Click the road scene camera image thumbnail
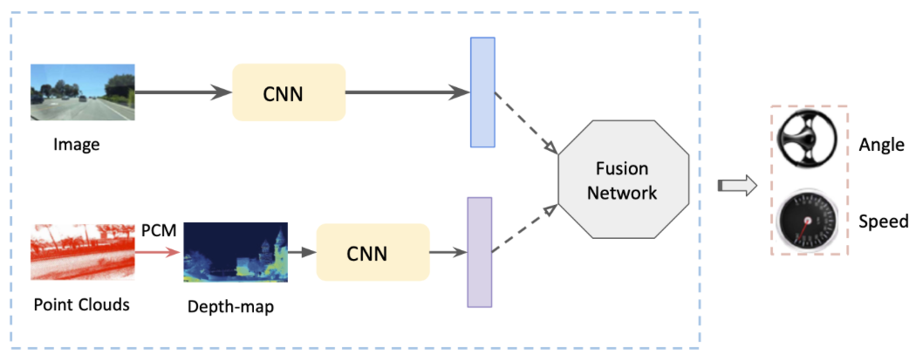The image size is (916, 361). (x=82, y=92)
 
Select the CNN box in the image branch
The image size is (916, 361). (x=289, y=92)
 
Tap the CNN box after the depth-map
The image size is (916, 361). (x=373, y=253)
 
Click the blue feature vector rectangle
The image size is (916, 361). (x=482, y=92)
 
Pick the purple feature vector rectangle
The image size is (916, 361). (x=480, y=252)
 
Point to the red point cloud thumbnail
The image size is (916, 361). (x=82, y=252)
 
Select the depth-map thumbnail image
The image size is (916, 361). (x=236, y=253)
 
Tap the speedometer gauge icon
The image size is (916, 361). (x=806, y=218)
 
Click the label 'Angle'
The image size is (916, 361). (x=881, y=145)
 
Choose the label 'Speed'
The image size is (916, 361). (x=883, y=221)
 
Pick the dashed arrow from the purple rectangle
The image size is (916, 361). (x=524, y=229)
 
